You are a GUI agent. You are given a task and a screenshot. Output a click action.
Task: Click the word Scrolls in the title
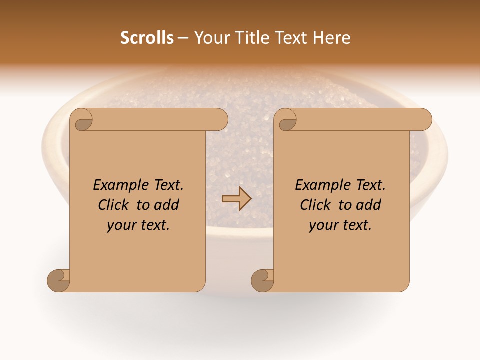pyautogui.click(x=147, y=38)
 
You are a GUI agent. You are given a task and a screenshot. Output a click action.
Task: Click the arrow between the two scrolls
pyautogui.click(x=236, y=198)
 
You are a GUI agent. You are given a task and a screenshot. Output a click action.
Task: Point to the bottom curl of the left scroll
pyautogui.click(x=58, y=280)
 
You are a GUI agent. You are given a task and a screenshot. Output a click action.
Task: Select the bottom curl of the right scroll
pyautogui.click(x=262, y=280)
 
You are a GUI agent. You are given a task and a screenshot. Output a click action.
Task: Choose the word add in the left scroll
pyautogui.click(x=167, y=205)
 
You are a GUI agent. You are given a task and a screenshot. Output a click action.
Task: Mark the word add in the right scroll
pyautogui.click(x=369, y=205)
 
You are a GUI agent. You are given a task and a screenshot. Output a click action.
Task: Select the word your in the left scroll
pyautogui.click(x=121, y=226)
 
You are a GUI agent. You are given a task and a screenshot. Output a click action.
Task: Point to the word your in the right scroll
pyautogui.click(x=323, y=226)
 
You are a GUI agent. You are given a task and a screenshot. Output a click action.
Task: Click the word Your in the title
pyautogui.click(x=211, y=38)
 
